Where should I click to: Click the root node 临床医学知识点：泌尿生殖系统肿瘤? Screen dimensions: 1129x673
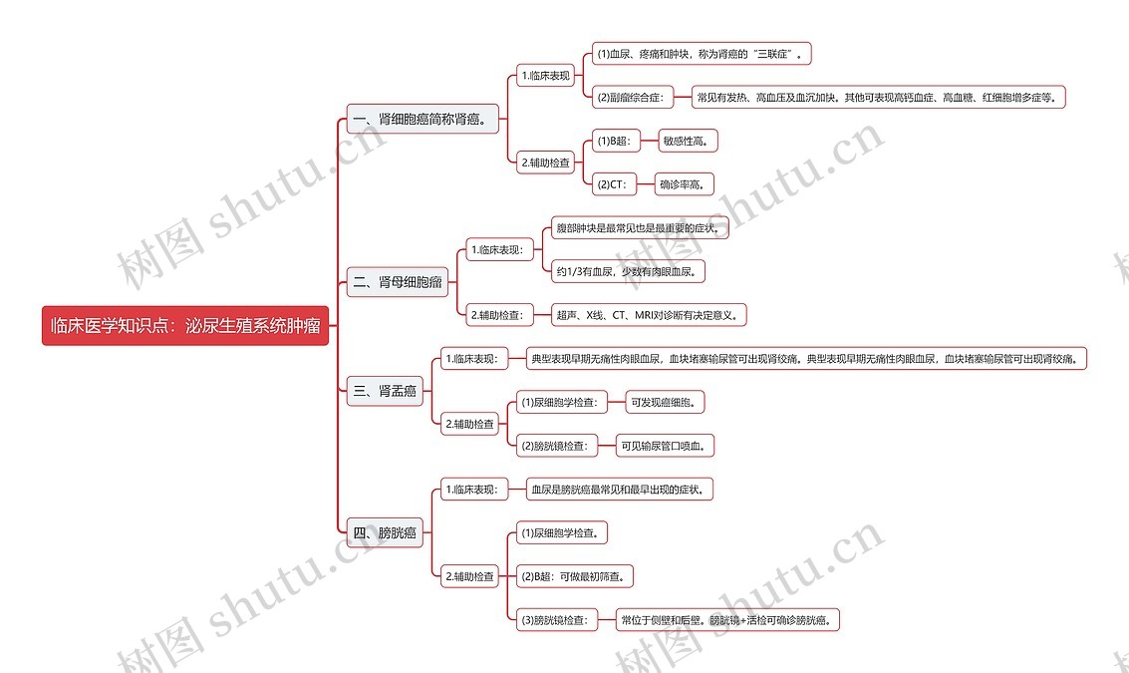pos(185,326)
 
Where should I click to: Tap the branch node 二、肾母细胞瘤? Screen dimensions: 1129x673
pos(398,282)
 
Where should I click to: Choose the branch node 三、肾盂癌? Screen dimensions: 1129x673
pos(385,391)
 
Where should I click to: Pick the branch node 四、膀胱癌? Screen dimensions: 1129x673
pos(385,532)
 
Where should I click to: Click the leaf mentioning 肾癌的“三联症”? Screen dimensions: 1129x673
pos(702,53)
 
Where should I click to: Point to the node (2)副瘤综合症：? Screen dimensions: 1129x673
pos(630,97)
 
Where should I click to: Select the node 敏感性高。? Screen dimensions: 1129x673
pos(688,141)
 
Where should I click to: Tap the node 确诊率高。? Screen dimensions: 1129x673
pos(685,183)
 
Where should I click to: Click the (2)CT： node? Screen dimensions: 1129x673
pos(611,183)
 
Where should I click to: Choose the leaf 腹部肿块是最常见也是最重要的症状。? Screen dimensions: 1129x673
pos(642,228)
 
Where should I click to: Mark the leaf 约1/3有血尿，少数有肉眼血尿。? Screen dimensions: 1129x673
pos(630,270)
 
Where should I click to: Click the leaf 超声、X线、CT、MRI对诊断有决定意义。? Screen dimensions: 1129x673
pos(650,314)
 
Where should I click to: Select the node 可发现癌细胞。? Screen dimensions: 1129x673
pos(667,402)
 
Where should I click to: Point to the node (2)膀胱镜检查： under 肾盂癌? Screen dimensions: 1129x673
pos(554,446)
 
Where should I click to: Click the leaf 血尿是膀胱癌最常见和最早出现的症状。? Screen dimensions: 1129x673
pos(621,490)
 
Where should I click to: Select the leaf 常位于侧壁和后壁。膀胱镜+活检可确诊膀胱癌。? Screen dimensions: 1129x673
pos(727,620)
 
